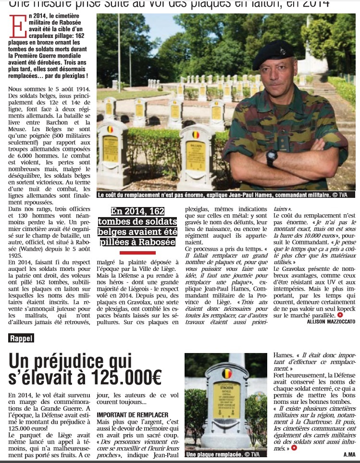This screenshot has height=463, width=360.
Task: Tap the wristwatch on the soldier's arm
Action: (x=272, y=157)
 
